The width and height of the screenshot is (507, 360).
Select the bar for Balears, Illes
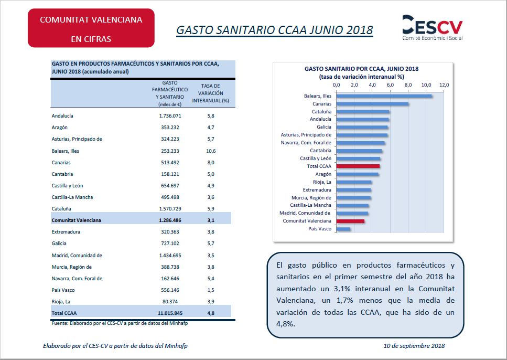tap(384, 96)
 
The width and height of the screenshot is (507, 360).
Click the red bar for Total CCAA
tap(358, 166)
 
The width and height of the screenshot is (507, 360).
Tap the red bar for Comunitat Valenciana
tap(350, 221)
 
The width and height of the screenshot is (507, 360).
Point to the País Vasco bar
tap(343, 229)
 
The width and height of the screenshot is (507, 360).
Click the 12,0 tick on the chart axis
tap(445, 84)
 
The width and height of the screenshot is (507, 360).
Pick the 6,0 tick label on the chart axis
tap(391, 84)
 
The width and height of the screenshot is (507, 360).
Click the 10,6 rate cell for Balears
tap(211, 151)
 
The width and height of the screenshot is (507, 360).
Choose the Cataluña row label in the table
tap(61, 209)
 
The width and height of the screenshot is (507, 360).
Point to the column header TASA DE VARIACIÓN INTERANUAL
tap(211, 93)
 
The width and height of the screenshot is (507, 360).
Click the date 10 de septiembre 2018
tap(414, 346)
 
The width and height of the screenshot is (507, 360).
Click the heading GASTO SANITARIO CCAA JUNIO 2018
tap(274, 30)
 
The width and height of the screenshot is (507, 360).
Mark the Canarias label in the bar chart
tap(321, 104)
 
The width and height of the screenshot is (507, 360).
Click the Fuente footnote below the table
tap(120, 323)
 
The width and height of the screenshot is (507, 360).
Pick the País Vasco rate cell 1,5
tap(211, 290)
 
